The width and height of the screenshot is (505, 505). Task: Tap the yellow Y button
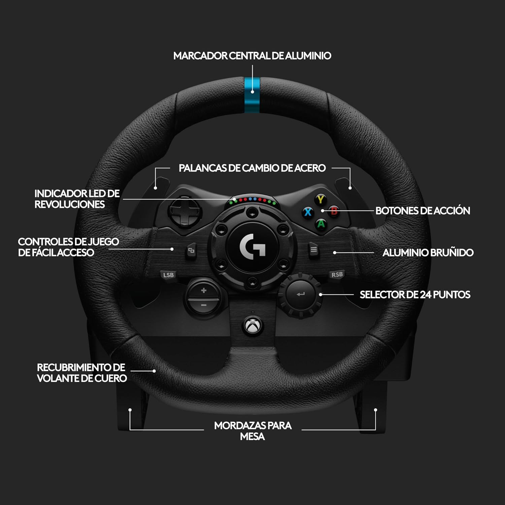point(321,199)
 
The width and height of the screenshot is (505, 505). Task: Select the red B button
point(334,211)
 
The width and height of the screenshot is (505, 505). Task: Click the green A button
point(321,223)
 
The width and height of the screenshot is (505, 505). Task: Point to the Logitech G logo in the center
point(252,246)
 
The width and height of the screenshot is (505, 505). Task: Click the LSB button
point(168,275)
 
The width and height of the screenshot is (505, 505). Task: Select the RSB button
point(337,274)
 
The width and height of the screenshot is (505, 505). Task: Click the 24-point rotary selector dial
point(301,295)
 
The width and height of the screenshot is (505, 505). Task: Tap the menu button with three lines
point(313,250)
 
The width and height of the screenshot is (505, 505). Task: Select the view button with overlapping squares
point(191,250)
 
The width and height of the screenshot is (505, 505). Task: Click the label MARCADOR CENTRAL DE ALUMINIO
point(252,56)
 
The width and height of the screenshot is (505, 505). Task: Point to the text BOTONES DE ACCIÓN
point(423,211)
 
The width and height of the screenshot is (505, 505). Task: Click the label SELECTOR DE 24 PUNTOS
point(415,295)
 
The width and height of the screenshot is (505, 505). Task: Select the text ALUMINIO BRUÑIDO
point(428,252)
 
